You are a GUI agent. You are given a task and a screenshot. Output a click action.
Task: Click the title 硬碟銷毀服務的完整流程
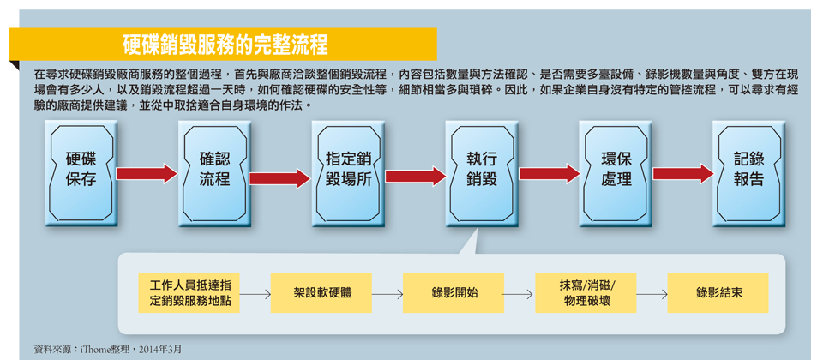(225, 45)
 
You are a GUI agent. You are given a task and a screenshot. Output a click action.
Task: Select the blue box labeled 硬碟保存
(81, 174)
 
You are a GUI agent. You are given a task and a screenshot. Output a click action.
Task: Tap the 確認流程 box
(214, 174)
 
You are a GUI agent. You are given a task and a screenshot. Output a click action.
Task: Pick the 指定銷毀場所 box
(349, 174)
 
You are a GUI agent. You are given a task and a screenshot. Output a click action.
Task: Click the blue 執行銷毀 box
(482, 174)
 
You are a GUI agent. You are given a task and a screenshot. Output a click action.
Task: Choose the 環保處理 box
(616, 174)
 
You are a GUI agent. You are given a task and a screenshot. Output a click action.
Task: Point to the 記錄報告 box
(749, 174)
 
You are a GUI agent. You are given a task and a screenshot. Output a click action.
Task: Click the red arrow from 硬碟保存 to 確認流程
(147, 174)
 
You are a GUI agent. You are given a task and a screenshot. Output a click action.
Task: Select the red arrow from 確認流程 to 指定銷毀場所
(281, 178)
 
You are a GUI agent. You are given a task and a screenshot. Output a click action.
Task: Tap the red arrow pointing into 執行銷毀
(415, 174)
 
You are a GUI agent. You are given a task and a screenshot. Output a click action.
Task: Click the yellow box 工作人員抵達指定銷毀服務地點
(189, 293)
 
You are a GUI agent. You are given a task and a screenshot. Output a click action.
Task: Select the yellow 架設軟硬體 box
(321, 293)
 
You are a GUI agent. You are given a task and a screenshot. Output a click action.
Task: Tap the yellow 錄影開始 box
(453, 293)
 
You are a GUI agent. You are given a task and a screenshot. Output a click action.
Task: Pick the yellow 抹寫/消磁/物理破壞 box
(586, 293)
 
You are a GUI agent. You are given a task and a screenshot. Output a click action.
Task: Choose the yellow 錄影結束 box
(718, 293)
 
